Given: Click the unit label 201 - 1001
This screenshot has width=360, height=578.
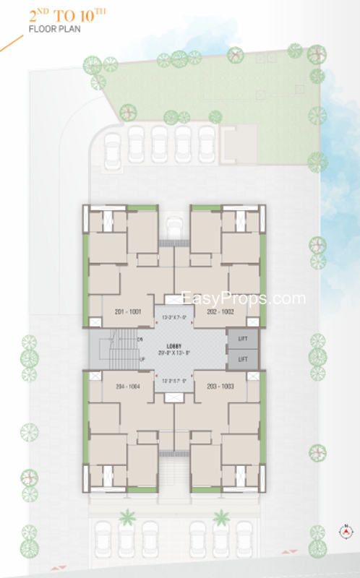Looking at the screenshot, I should (129, 311).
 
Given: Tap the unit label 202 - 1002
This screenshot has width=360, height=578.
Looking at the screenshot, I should (220, 311).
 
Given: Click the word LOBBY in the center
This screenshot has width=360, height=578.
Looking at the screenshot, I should (173, 346).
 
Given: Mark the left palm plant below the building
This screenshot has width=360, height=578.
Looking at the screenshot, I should (127, 517).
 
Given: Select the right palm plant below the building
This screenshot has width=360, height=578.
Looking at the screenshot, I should (220, 517).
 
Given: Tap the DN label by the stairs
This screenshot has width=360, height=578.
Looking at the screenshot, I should (140, 338).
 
